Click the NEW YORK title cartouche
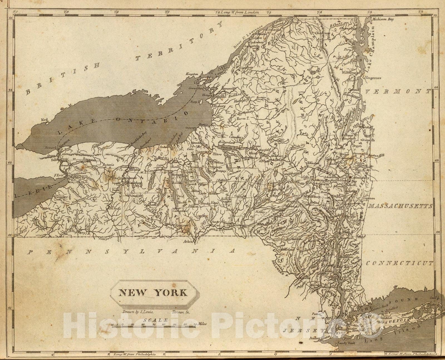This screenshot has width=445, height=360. tap(153, 292)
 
